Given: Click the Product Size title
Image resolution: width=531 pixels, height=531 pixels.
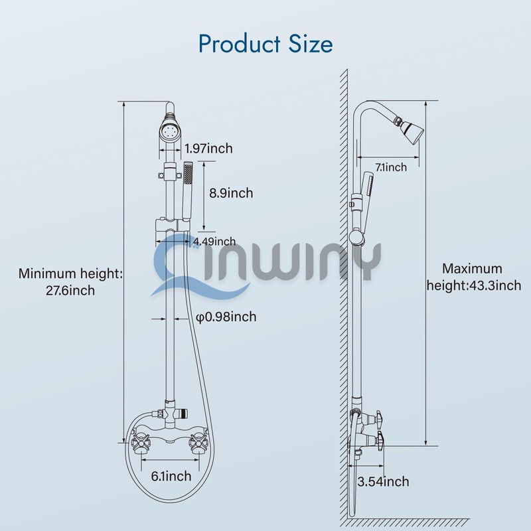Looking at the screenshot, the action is pos(265,44).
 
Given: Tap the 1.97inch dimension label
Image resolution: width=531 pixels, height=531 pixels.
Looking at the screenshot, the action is pos(209,148).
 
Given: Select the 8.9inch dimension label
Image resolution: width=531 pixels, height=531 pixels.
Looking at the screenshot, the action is pos(231,193).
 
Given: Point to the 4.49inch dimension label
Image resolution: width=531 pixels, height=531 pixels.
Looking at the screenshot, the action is pos(214,241).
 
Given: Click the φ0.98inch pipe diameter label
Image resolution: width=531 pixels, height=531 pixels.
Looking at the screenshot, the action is pos(226,317).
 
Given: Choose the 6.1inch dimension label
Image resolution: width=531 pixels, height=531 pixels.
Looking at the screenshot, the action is pos(171,475).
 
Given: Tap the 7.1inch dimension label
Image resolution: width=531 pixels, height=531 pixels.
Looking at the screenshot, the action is pos(391,167).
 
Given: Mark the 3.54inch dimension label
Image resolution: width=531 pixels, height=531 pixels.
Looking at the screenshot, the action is pos(383,482).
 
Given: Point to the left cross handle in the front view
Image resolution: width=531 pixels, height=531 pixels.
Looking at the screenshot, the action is pos(142,439).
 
